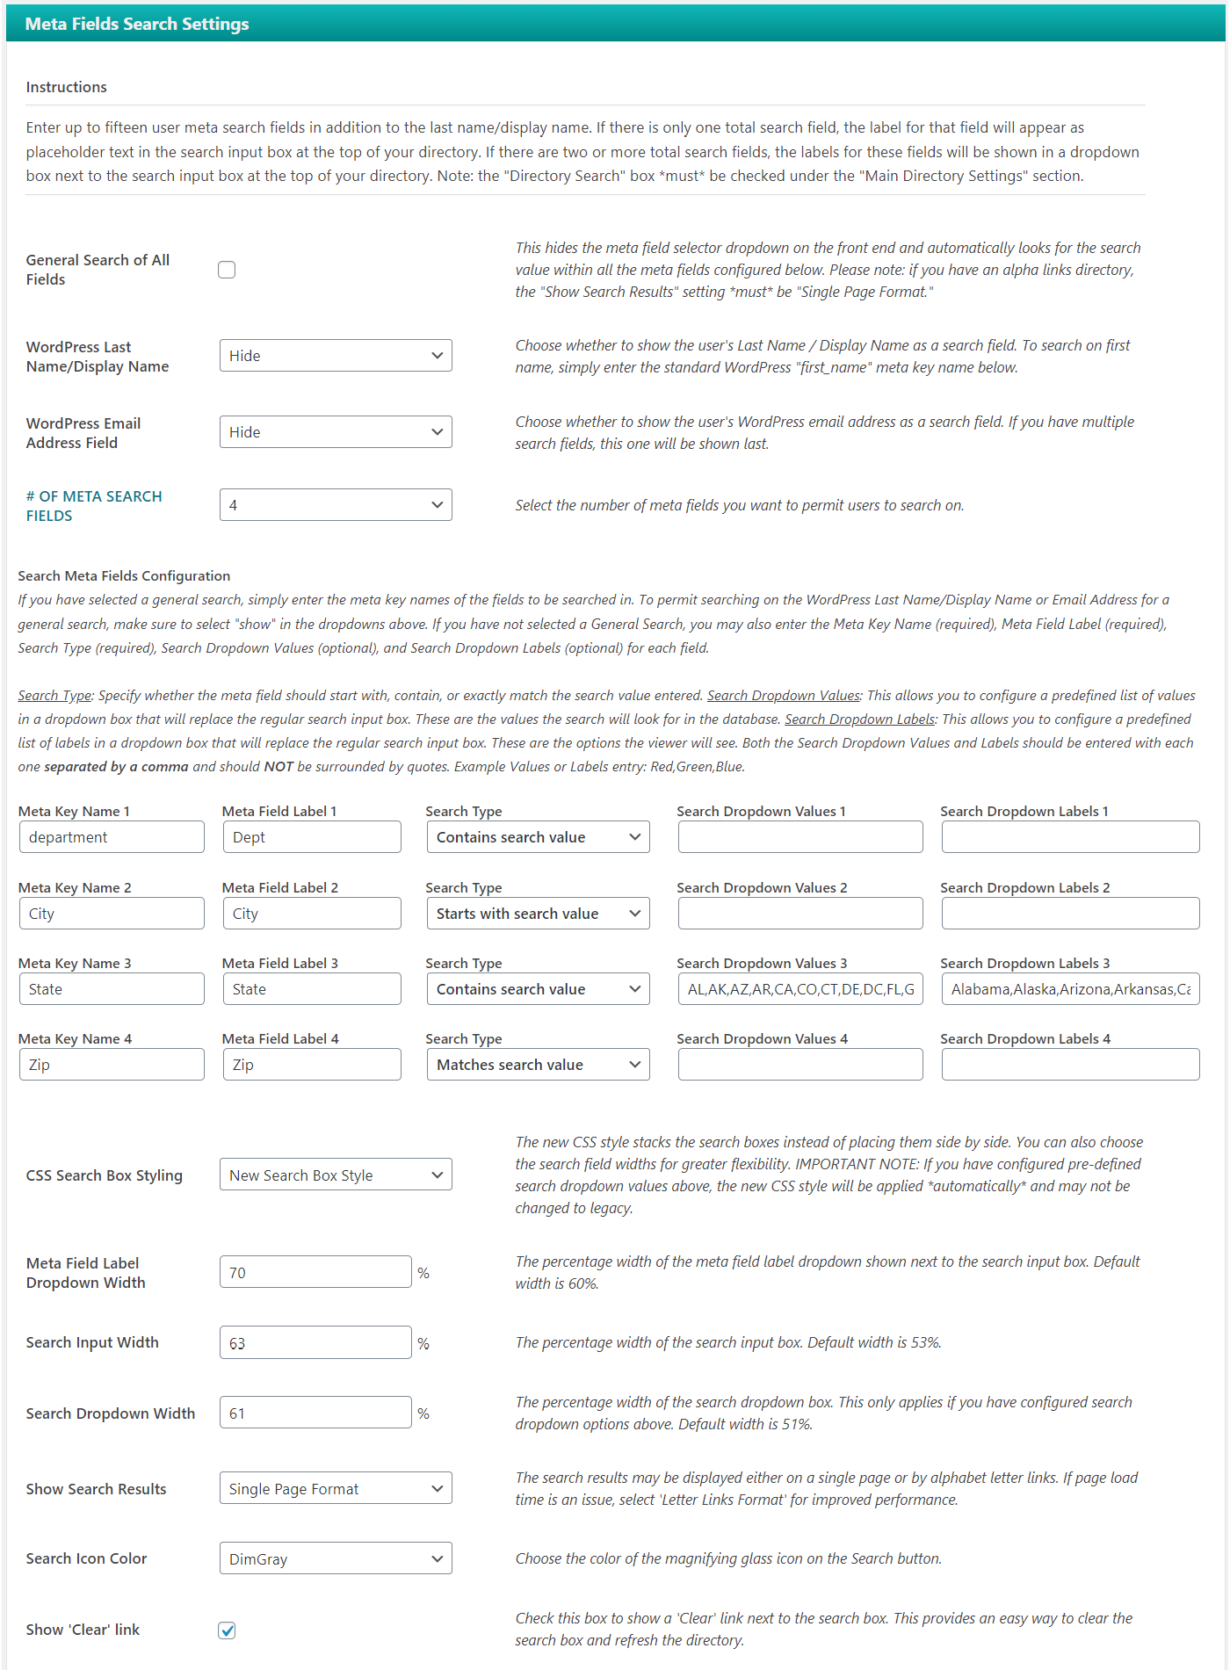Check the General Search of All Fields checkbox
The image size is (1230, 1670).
pos(227,270)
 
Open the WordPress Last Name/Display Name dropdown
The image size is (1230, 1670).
pos(336,356)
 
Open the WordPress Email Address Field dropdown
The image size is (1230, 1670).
pos(336,432)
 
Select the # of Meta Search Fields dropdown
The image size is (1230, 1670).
pos(336,505)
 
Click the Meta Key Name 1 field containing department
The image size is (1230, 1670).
pos(112,837)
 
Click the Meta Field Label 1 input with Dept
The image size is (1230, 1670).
pos(312,837)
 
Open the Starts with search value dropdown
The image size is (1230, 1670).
pos(538,914)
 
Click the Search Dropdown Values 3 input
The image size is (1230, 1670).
pos(800,989)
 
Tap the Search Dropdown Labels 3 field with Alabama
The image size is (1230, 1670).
pos(1070,989)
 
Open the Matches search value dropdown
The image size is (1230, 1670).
pos(538,1065)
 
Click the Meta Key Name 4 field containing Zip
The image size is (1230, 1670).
pos(112,1065)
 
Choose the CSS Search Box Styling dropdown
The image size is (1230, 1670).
pos(336,1175)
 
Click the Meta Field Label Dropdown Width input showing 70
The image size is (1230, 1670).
pos(315,1272)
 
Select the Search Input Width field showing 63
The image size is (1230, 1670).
pos(315,1343)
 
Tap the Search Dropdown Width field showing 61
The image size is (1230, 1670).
pos(315,1413)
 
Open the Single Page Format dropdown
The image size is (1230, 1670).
pos(336,1489)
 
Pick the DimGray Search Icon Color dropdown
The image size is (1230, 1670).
pos(336,1559)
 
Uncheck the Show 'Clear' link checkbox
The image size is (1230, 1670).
pos(227,1630)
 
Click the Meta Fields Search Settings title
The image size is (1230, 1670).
pos(137,24)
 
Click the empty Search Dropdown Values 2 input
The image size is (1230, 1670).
pos(800,914)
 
